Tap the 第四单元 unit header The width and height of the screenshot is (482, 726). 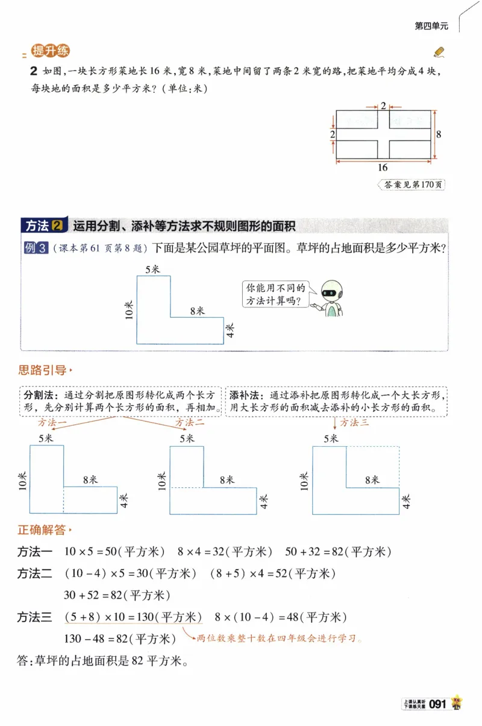[x=432, y=26]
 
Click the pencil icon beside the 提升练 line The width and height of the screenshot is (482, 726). [x=439, y=51]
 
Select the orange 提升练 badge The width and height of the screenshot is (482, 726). [x=51, y=52]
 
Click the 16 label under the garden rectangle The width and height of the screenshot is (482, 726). [x=383, y=168]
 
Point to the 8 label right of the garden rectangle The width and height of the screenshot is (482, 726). [x=439, y=134]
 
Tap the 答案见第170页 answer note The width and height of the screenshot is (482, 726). [x=411, y=185]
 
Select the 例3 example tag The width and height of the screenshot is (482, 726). [x=36, y=248]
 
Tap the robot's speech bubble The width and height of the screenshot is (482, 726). [x=274, y=294]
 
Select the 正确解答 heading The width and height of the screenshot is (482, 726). [x=42, y=530]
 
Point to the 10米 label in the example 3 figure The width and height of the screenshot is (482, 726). [x=128, y=310]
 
